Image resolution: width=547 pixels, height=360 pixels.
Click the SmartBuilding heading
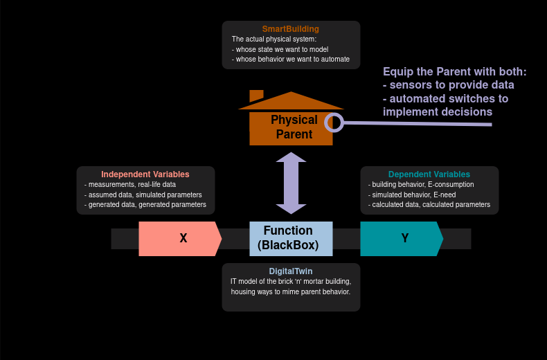coord(291,29)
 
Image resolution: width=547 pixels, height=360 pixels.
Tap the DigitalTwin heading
coord(291,271)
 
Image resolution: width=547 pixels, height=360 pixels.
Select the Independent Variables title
coord(145,174)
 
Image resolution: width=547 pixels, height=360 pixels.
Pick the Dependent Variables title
coord(429,174)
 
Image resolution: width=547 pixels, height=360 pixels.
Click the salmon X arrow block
coord(180,239)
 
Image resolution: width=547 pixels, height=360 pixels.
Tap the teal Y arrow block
coord(402,239)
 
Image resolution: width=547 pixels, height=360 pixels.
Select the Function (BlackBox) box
coord(291,238)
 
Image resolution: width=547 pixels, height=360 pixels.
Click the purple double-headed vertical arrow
coord(291,183)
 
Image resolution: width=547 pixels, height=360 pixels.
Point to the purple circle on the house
coord(334,123)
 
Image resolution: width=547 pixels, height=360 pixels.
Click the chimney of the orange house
coord(256,96)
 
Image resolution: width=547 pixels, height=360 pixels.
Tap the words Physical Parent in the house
coord(294,127)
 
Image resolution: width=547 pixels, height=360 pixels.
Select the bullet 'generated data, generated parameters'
coord(147,205)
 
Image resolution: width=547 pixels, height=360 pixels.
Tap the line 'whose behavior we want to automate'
coord(292,60)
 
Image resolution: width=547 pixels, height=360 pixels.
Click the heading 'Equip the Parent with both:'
coord(454,72)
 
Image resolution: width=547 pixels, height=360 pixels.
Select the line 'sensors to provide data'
coord(450,85)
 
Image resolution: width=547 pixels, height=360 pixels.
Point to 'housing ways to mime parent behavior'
coord(291,291)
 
